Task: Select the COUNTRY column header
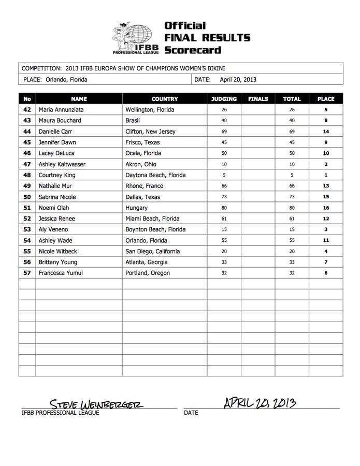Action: coord(165,99)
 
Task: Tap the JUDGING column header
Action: coord(224,99)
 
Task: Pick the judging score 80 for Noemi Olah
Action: coord(224,208)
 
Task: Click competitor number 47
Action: coord(27,164)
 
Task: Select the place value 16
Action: coord(326,208)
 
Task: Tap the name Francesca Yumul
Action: coord(61,273)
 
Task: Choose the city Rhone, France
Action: coord(145,186)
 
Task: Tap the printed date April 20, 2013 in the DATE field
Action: coord(238,80)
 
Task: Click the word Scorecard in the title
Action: coord(192,50)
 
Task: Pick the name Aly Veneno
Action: coord(53,229)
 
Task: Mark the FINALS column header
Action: coord(258,99)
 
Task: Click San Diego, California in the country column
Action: coord(153,251)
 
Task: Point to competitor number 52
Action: coord(27,219)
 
